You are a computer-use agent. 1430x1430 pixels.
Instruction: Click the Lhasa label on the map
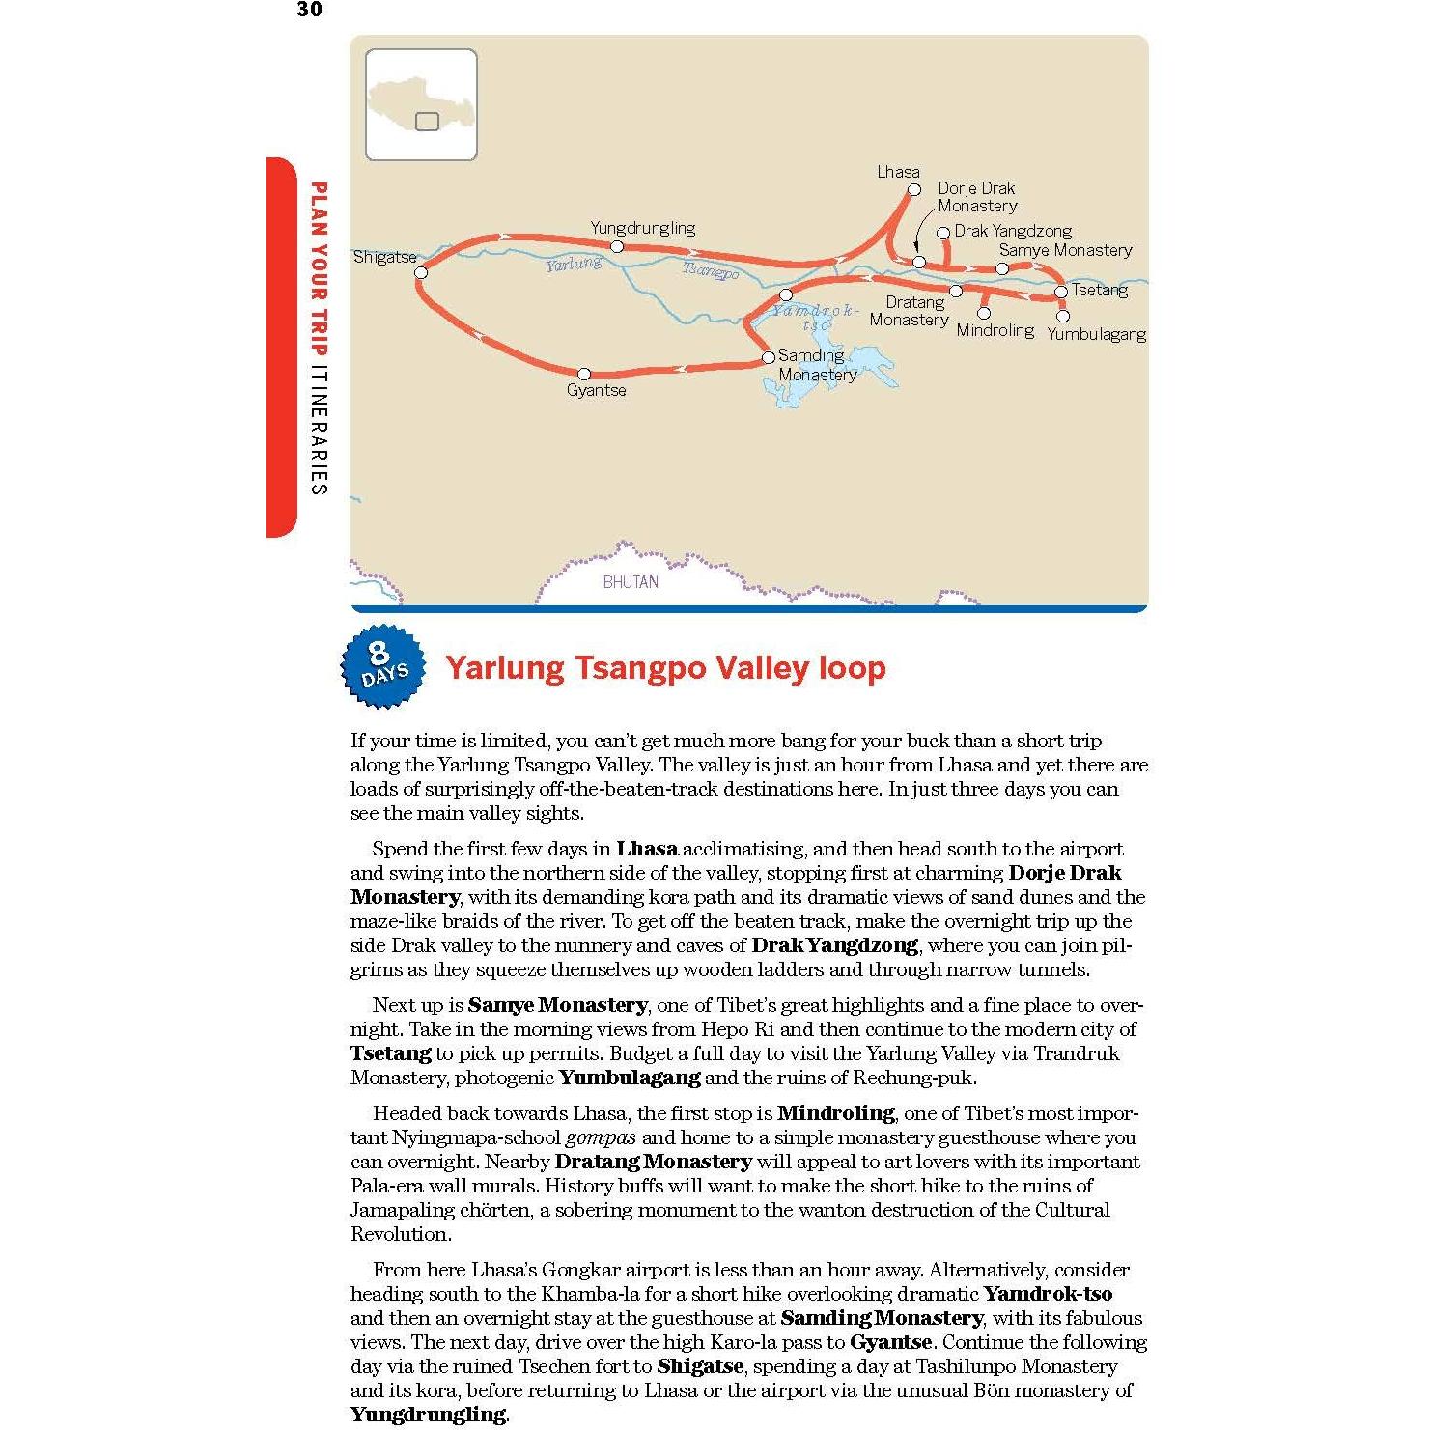(x=898, y=172)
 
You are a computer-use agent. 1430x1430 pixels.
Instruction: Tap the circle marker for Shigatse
(x=421, y=273)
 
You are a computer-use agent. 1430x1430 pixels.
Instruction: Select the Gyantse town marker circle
(x=583, y=374)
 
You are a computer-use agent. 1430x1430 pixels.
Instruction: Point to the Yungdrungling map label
(x=643, y=228)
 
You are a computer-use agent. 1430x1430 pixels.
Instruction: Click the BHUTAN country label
(x=631, y=582)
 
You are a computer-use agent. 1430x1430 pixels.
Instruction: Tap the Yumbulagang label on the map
(x=1096, y=334)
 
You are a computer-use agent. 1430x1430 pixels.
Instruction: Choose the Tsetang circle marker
(x=1060, y=292)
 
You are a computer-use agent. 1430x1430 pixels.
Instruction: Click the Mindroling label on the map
(x=995, y=330)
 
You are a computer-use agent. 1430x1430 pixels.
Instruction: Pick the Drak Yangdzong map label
(x=1013, y=231)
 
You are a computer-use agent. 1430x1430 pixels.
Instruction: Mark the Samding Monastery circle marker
(x=769, y=357)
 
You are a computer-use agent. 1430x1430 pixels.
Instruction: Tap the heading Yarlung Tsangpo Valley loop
(x=665, y=668)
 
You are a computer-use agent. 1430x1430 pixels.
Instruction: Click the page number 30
(x=309, y=10)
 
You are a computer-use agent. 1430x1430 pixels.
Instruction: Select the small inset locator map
(x=421, y=104)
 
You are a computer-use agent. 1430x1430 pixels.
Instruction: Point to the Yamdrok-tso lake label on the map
(x=815, y=317)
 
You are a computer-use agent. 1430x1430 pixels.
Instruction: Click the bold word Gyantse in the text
(x=890, y=1342)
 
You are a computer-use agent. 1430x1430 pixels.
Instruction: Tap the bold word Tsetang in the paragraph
(x=390, y=1053)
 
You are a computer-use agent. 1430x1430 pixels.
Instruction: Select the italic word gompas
(x=601, y=1137)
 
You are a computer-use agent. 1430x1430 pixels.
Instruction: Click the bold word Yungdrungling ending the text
(x=427, y=1415)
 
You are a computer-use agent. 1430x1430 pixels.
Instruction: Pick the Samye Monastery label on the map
(x=1065, y=250)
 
